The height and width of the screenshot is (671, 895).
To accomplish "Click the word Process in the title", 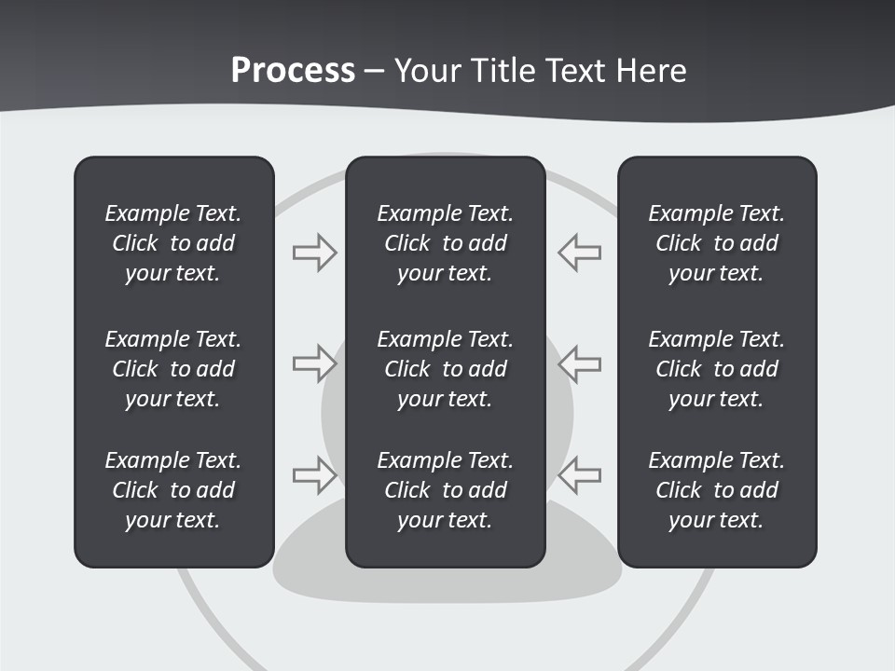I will (x=293, y=71).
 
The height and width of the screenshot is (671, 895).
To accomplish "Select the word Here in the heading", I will (x=651, y=71).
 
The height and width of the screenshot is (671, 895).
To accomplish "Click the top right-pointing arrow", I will (x=314, y=253).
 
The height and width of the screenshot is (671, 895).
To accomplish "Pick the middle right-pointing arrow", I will (x=314, y=363).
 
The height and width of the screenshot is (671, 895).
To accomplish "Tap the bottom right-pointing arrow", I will (x=314, y=475).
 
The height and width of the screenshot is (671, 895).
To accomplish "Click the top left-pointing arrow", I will (x=580, y=253).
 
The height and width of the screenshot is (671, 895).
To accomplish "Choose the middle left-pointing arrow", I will (x=580, y=363).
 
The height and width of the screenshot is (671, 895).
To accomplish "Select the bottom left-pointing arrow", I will (x=580, y=475).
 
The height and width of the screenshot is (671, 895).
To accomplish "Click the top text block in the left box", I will (x=173, y=243).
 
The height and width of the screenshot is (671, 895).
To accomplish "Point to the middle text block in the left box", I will (x=173, y=369).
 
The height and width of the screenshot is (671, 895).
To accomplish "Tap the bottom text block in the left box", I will (x=173, y=490).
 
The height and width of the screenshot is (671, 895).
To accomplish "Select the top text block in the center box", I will (x=445, y=243).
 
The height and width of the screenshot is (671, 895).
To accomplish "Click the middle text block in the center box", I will (x=445, y=369).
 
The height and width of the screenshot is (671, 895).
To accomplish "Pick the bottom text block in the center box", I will (x=445, y=490).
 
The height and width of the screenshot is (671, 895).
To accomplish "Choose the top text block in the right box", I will (x=716, y=243).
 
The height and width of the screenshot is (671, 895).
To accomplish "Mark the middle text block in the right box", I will (x=716, y=369).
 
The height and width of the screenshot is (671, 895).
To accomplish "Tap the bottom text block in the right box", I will (x=716, y=490).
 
